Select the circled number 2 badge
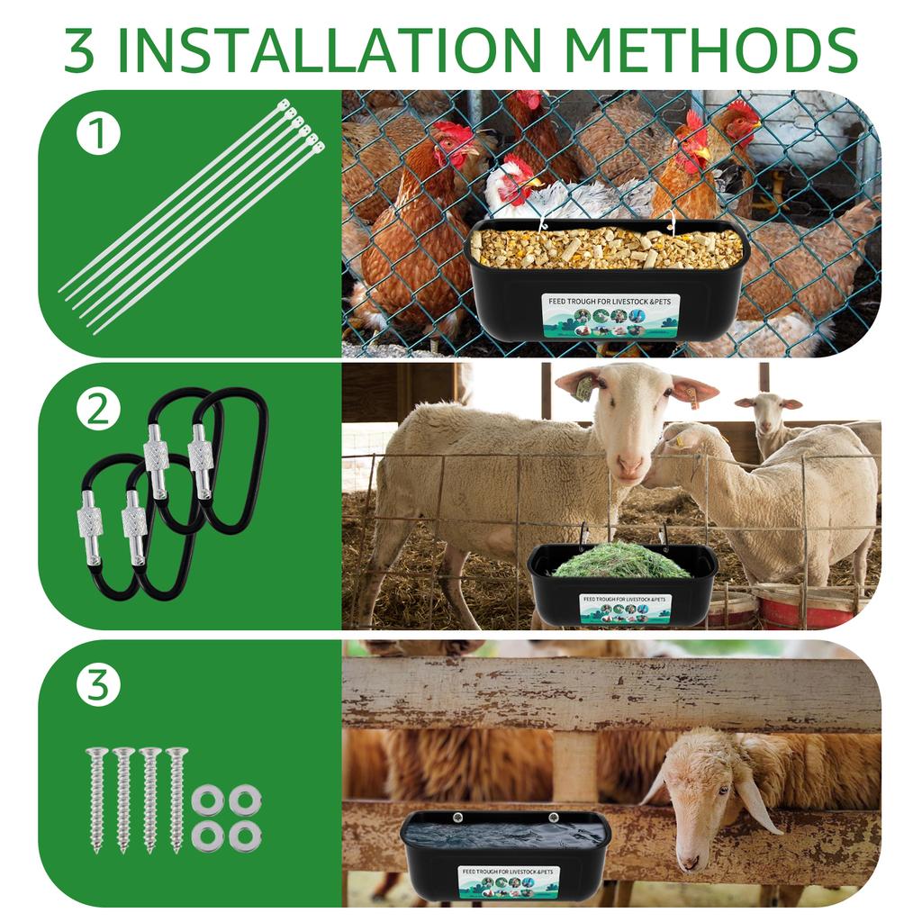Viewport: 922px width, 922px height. pos(98,411)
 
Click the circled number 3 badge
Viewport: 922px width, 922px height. pos(98,686)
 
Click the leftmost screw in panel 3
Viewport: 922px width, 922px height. pos(96,798)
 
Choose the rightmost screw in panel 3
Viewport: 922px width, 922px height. pos(176,798)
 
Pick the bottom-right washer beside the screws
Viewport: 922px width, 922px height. pos(244,835)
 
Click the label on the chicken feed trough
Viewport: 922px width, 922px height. pos(610,315)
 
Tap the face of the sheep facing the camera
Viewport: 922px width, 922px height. pos(631,423)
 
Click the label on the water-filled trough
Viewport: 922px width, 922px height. pos(508,881)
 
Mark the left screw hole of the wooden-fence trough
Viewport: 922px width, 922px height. pos(456,818)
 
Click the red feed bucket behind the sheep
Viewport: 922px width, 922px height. pos(792,608)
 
